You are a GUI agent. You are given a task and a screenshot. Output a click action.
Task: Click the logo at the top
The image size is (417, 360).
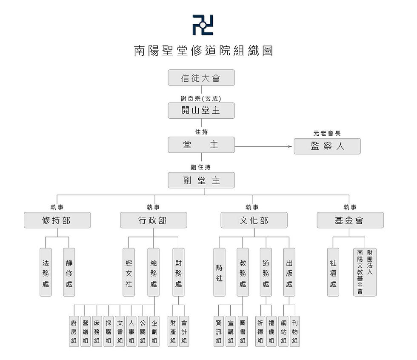tap(203, 25)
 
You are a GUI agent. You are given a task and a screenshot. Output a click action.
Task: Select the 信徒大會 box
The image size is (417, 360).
tap(201, 78)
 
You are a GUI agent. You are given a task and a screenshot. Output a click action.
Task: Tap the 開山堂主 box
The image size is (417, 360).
tap(201, 111)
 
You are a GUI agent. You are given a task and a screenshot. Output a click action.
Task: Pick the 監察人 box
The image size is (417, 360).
tap(327, 146)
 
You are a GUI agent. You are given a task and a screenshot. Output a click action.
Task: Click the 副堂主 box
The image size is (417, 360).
tap(201, 180)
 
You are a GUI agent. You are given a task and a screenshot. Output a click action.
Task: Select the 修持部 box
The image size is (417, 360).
tap(57, 220)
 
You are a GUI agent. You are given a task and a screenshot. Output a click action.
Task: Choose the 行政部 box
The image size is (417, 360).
tap(153, 220)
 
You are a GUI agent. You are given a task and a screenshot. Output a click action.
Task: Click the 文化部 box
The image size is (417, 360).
tap(254, 220)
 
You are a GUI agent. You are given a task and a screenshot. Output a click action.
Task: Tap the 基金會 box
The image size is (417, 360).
tap(350, 220)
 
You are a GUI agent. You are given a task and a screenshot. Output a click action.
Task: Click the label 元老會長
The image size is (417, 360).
tap(327, 133)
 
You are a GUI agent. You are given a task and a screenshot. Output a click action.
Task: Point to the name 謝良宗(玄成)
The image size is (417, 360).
tap(201, 98)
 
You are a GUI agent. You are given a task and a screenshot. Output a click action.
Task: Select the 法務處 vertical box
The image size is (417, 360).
tap(46, 272)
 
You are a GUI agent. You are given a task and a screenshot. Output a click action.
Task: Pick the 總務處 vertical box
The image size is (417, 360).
tap(154, 272)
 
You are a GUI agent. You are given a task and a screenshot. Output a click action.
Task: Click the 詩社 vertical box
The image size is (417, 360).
tap(219, 272)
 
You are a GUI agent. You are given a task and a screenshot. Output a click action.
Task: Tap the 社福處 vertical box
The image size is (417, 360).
tap(333, 272)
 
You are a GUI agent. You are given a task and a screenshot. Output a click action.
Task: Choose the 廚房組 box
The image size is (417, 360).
tap(74, 331)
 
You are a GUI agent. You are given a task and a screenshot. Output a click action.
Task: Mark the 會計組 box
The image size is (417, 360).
tap(184, 331)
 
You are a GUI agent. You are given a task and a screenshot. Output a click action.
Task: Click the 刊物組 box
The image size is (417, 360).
tap(295, 331)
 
